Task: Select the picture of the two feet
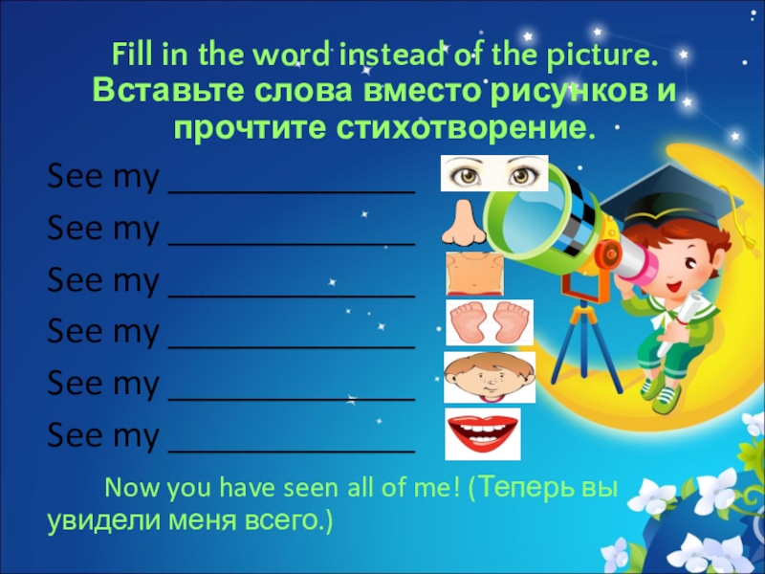click(x=489, y=323)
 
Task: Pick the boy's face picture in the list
click(x=489, y=377)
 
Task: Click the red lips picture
click(x=483, y=433)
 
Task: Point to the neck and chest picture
click(x=474, y=274)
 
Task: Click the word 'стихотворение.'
click(x=469, y=126)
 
